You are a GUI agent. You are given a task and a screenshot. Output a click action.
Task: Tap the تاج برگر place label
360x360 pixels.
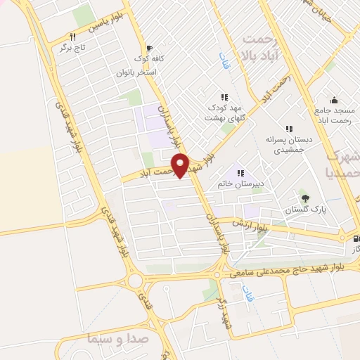pyautogui.click(x=72, y=49)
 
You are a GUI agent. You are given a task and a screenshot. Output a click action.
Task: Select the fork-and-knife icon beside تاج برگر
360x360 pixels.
pyautogui.click(x=72, y=37)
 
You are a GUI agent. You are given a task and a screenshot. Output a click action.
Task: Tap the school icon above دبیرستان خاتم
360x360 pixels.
pyautogui.click(x=238, y=173)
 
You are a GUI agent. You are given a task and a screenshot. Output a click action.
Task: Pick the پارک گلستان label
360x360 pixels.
pyautogui.click(x=302, y=210)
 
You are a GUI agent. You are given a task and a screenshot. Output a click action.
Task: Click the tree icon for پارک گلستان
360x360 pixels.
pyautogui.click(x=304, y=197)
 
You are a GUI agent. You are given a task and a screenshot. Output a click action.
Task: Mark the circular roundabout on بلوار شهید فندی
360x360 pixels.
pyautogui.click(x=135, y=282)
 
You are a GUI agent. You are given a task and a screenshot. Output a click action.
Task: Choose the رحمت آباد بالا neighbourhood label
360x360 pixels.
pyautogui.click(x=259, y=46)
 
